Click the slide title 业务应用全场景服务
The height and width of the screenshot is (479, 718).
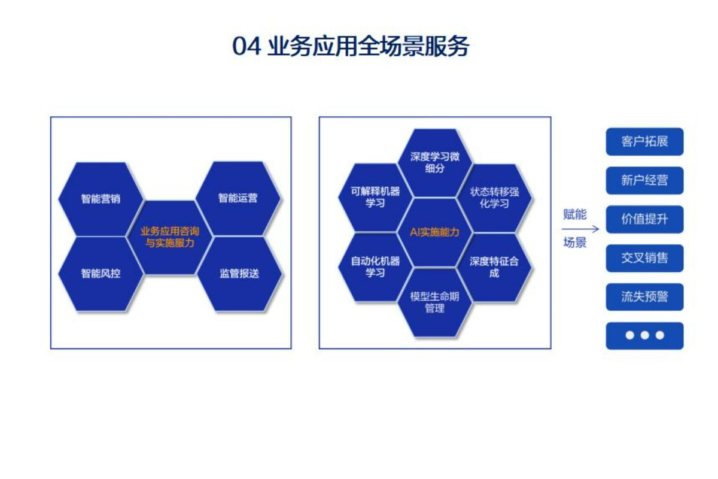[351, 47]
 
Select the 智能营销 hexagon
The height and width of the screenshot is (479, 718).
[101, 198]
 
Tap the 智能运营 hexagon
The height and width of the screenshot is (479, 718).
[238, 198]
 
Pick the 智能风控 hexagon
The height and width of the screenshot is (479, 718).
[101, 274]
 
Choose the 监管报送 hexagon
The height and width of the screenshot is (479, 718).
[239, 274]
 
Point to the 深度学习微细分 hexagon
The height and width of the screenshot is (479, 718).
[435, 163]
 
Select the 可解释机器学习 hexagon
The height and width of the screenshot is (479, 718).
[375, 198]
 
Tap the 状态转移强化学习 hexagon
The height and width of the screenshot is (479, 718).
[494, 198]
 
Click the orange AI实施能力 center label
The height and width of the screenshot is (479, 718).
[434, 232]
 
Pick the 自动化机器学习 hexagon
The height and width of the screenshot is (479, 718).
[375, 267]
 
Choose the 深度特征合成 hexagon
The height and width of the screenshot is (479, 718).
[494, 267]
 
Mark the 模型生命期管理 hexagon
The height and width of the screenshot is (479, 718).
[435, 302]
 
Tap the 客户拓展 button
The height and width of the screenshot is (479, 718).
[644, 142]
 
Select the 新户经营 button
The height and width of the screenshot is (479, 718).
[644, 180]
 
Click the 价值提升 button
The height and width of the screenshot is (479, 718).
[644, 219]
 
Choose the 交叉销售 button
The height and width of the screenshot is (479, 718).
[644, 258]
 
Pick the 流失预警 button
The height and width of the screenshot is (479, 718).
[644, 297]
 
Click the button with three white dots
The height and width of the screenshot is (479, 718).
[644, 335]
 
